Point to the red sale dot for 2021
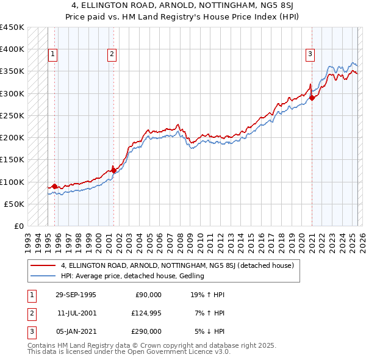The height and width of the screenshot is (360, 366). [312, 98]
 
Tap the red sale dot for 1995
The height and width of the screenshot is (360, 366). [55, 186]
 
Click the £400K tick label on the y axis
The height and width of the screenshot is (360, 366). [12, 49]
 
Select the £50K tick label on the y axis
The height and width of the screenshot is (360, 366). [14, 204]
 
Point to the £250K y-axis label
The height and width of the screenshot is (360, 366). [12, 115]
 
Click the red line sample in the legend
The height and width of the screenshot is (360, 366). [44, 265]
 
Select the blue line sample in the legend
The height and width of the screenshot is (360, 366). [44, 276]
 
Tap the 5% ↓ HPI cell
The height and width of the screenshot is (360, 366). [209, 331]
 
